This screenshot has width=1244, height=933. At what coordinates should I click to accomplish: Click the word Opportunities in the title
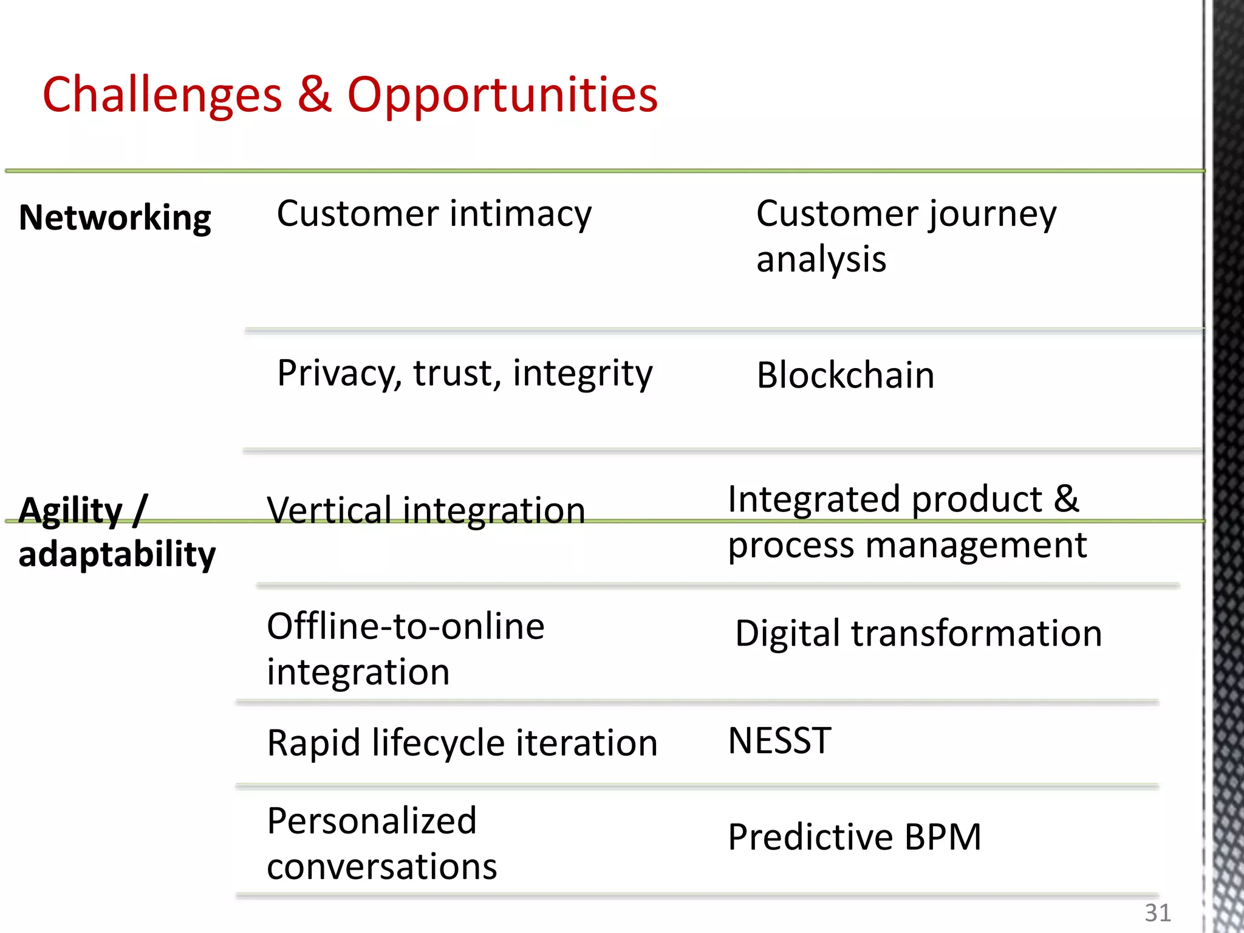coord(502,95)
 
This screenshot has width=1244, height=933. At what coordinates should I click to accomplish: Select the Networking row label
coord(115,217)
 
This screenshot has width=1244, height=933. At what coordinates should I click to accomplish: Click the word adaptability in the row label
coord(117,554)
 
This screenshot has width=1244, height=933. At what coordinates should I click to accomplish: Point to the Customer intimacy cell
coord(434,214)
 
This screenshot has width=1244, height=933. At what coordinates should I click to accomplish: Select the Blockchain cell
coord(845,375)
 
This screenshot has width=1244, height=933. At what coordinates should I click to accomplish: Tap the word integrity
coord(582,373)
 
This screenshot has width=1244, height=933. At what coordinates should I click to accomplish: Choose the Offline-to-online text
coord(405,626)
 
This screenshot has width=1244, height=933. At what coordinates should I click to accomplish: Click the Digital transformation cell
coord(918,634)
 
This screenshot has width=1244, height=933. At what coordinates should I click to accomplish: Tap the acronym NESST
coord(779,741)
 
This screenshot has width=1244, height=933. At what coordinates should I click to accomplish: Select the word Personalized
coord(372,821)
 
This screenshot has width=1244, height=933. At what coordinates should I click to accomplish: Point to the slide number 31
coord(1157,913)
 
